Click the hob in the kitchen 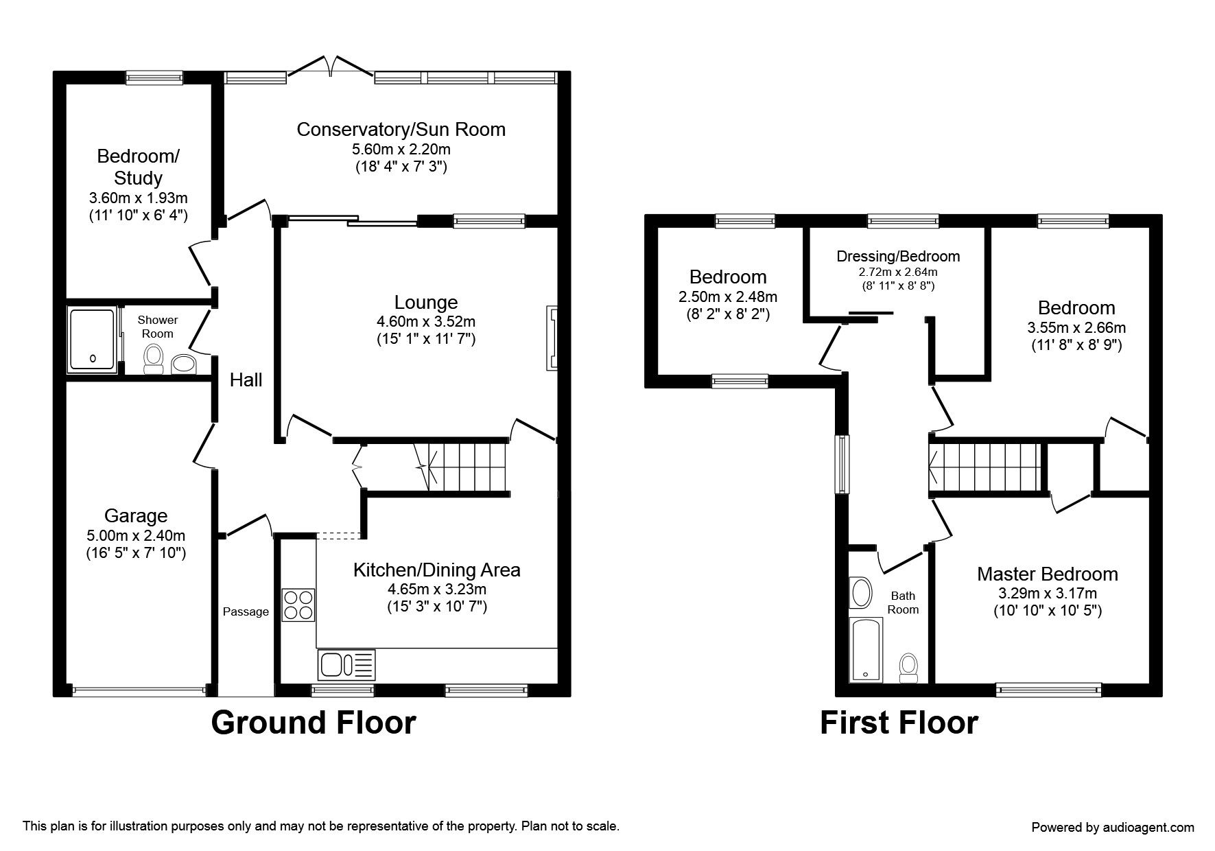(x=298, y=605)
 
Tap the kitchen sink (x=347, y=665)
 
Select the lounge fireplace (x=552, y=338)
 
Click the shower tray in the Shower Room (x=92, y=341)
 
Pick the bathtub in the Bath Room (x=866, y=649)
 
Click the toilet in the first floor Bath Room (x=909, y=668)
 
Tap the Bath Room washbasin (x=860, y=592)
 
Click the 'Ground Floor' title (x=314, y=723)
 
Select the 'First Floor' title (x=899, y=723)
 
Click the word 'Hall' (x=246, y=380)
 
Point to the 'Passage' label (x=246, y=611)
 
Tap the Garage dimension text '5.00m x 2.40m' (x=136, y=535)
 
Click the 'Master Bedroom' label (x=1047, y=574)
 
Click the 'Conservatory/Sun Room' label (x=401, y=129)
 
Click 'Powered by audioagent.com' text (x=1113, y=827)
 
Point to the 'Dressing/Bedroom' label (x=898, y=257)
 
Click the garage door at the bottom (x=139, y=690)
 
